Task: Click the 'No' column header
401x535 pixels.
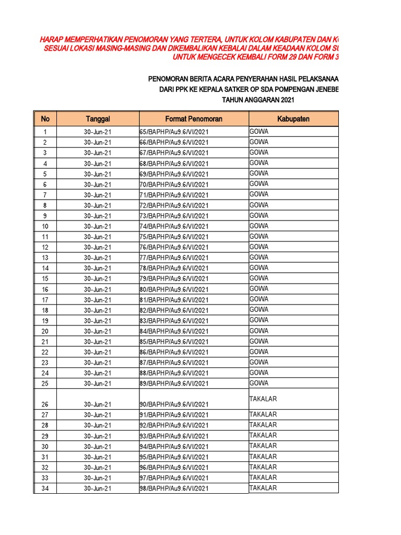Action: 45,119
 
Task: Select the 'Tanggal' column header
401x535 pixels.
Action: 98,119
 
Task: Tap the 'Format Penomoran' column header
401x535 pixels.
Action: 194,119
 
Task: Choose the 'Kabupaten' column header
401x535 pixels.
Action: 293,119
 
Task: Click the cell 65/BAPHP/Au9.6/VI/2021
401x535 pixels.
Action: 174,132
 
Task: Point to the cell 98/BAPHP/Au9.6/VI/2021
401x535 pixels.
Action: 174,489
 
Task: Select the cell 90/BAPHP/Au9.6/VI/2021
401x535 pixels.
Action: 174,404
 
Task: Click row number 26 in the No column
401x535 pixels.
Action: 45,404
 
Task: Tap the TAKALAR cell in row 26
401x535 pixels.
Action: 263,399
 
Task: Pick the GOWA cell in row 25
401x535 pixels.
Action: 259,383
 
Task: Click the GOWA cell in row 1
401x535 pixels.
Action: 259,132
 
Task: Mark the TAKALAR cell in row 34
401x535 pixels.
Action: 263,488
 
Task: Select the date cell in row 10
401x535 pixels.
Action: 98,226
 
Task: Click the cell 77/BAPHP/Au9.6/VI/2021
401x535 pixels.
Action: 174,258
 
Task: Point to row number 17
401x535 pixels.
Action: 45,300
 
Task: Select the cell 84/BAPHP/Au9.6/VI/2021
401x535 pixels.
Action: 174,331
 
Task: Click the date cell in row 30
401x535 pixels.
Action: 98,447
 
